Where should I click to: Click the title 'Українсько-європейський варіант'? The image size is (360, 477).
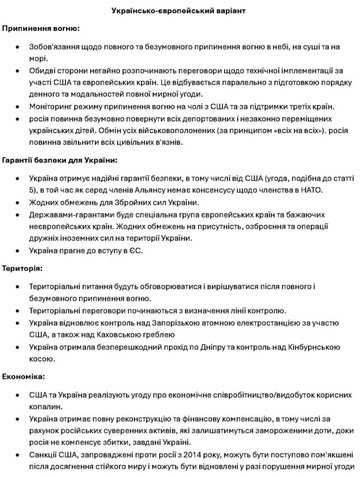180,10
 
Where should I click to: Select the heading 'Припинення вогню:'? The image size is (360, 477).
41,29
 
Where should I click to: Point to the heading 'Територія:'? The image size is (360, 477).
22,268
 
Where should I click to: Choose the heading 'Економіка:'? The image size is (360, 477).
23,376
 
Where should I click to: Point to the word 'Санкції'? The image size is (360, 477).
45,455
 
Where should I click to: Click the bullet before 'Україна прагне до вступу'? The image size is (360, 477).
18,251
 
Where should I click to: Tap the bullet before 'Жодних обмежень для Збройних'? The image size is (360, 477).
18,202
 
